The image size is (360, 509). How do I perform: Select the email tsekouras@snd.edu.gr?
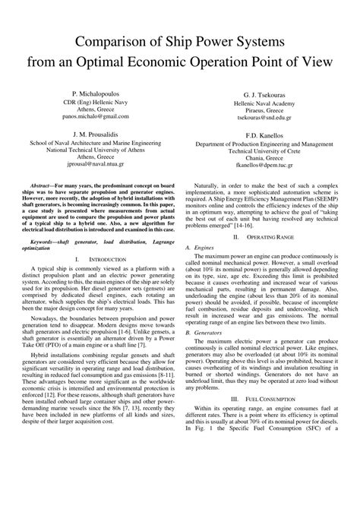click(263, 117)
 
